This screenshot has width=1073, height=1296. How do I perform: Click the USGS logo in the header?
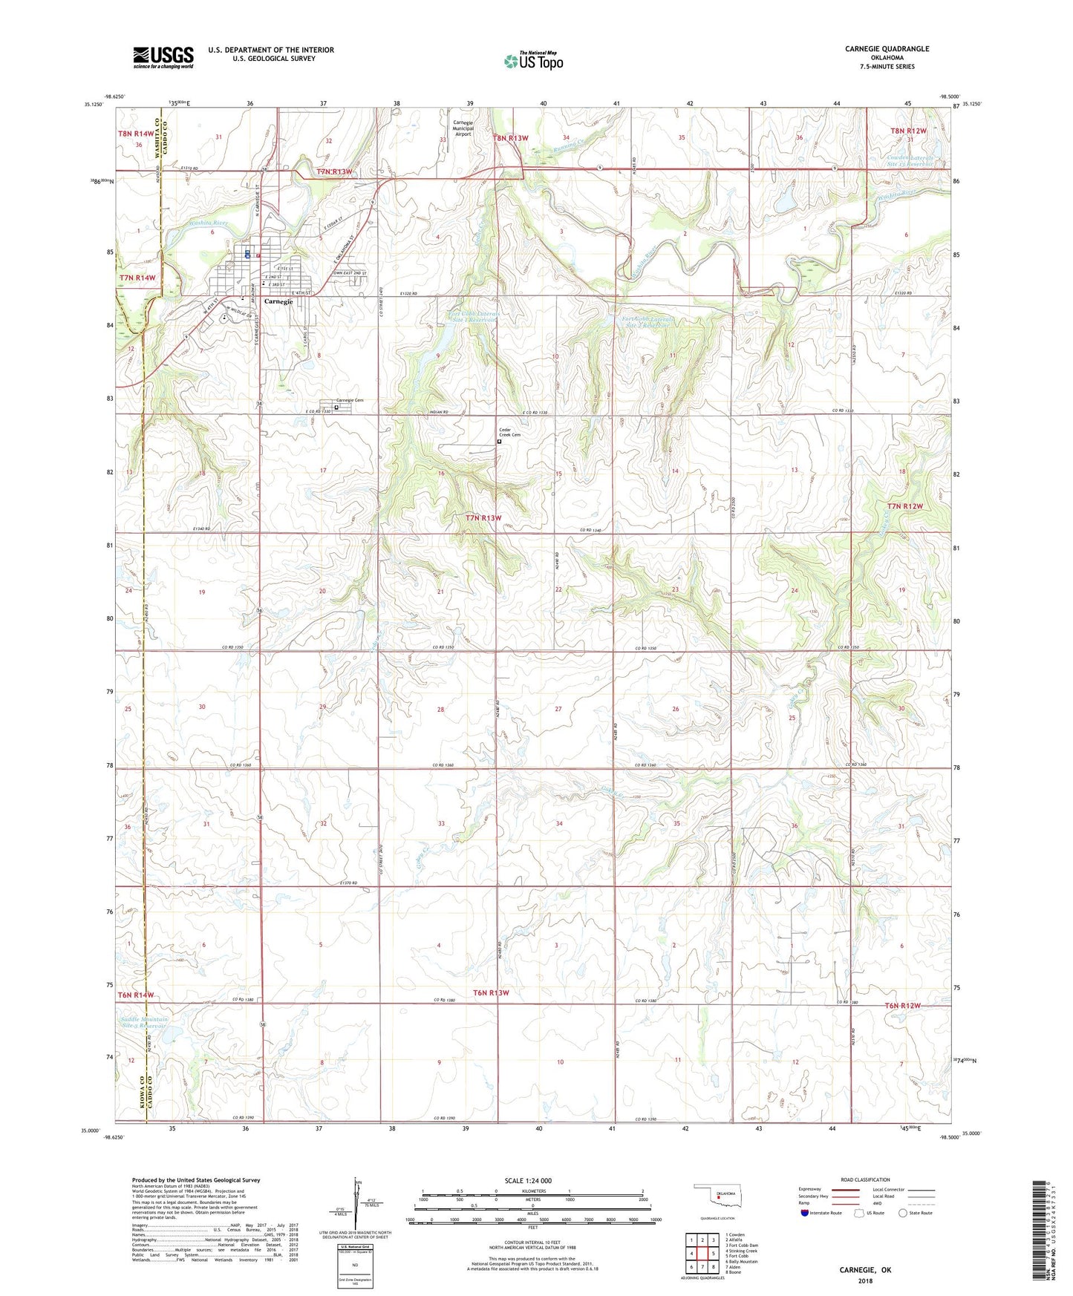[163, 56]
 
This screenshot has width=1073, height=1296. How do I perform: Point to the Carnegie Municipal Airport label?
[463, 128]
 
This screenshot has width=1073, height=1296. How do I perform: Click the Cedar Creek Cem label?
[509, 433]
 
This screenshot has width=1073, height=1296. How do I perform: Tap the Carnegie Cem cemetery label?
[350, 400]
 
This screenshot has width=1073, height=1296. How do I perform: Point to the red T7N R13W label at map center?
[483, 517]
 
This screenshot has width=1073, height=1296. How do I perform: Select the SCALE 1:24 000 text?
[528, 1180]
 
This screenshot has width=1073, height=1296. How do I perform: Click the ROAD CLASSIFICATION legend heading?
[865, 1179]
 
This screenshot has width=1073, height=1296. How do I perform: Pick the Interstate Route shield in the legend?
[806, 1213]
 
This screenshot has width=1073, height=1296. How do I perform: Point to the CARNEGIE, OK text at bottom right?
[865, 1269]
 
